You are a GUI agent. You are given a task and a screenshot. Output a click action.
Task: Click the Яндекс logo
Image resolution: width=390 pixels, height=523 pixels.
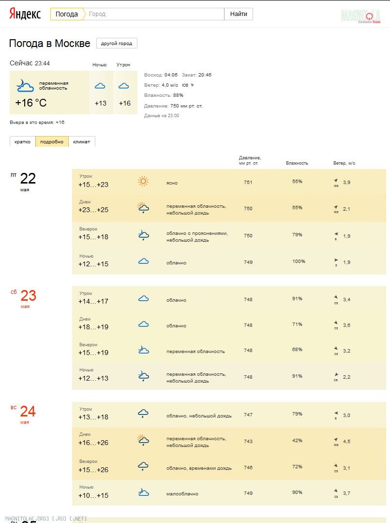point(25,14)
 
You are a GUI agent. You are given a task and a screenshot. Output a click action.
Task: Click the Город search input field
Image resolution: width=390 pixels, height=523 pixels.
point(155,14)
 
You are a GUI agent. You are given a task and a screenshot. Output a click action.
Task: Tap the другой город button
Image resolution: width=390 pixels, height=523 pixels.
point(117,43)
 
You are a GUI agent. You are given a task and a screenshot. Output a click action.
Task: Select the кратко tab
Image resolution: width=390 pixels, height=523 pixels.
point(22,141)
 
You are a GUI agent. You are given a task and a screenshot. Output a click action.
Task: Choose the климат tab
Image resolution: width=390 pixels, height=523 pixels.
point(81,141)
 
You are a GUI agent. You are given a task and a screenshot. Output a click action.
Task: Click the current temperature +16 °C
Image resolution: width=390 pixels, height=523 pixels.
point(31,103)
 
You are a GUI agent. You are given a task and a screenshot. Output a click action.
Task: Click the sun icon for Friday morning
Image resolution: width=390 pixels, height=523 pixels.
point(143,181)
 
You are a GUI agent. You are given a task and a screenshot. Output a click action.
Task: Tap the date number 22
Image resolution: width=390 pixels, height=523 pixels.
point(28,179)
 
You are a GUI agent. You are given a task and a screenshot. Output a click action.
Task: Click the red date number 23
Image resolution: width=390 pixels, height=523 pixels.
point(28,295)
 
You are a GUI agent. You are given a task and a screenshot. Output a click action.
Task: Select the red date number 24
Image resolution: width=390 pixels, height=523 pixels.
point(28,412)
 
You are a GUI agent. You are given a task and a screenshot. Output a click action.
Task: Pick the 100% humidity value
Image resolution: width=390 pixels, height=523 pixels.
point(299,261)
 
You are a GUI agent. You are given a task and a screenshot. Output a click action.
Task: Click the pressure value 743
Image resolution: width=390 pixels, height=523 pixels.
point(248,441)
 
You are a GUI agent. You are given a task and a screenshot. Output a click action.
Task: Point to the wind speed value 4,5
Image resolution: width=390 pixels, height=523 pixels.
point(346,441)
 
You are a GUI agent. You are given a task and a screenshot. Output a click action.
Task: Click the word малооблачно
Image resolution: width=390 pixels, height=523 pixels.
point(182,494)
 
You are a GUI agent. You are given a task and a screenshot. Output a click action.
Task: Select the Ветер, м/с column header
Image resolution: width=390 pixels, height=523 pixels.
point(344,163)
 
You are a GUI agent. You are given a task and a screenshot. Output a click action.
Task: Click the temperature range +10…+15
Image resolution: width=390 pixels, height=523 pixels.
point(93,495)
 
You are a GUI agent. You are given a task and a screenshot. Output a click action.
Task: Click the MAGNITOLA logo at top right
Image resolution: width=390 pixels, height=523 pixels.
point(360,15)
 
